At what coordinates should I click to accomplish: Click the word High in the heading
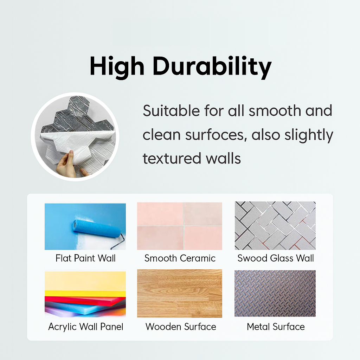tap(117, 66)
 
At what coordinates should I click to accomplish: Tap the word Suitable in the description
tap(171, 111)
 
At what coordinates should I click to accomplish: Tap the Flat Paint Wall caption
tap(85, 258)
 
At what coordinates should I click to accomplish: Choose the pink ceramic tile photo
tap(180, 226)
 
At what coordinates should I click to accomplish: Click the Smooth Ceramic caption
tap(180, 258)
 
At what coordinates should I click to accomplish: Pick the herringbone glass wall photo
tap(275, 226)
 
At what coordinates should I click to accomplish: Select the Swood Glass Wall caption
tap(276, 258)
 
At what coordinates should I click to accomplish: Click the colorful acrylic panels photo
tap(85, 294)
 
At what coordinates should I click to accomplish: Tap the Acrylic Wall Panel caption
tap(86, 327)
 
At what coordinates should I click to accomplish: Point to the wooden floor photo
tap(180, 294)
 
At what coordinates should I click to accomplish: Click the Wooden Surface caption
tap(181, 327)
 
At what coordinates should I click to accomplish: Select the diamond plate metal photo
tap(275, 294)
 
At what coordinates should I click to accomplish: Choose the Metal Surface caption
tap(276, 327)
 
